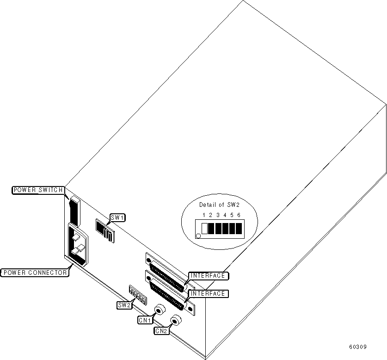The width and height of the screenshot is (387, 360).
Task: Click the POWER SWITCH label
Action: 38,190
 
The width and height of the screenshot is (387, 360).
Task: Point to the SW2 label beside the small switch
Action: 123,305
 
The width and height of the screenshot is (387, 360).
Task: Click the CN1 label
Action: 145,320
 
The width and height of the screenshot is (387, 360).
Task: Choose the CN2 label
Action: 161,331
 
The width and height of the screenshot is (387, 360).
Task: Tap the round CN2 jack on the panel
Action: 176,320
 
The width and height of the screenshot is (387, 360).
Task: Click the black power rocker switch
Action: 74,211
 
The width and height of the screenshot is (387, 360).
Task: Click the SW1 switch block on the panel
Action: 104,230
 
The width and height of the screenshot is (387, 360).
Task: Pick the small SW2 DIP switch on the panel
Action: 138,295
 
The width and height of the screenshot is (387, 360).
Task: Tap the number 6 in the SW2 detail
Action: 239,216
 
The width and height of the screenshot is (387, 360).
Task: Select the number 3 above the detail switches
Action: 218,216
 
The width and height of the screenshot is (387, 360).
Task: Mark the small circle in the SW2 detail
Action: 199,236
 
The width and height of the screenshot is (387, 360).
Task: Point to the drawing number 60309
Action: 358,346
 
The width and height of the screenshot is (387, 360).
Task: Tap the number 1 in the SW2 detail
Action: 204,216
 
